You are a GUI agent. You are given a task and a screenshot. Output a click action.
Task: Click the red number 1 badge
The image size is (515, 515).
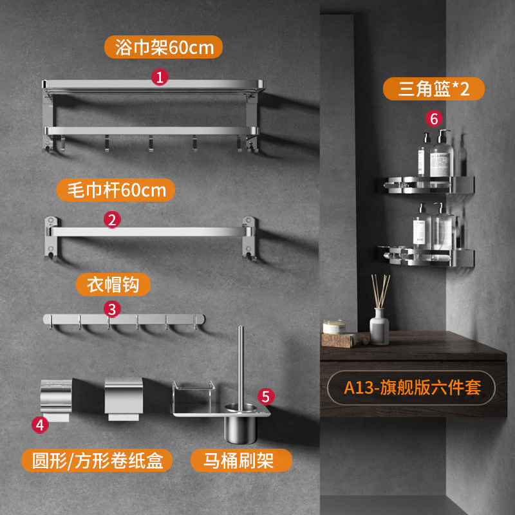pos(160,78)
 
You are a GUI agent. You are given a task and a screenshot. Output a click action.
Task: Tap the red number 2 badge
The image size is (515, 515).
pos(112,220)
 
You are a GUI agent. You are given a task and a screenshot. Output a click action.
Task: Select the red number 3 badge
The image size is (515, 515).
pos(112,309)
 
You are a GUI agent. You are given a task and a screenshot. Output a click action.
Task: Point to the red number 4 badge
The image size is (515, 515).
pos(40,424)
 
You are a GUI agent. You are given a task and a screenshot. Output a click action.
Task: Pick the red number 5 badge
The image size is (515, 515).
pos(265,397)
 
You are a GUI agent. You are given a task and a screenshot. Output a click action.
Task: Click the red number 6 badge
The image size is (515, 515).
pos(435,119)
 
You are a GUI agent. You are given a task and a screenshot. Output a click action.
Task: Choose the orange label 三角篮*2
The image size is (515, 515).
pos(433,89)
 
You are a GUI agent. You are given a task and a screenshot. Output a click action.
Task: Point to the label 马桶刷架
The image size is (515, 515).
pos(241,460)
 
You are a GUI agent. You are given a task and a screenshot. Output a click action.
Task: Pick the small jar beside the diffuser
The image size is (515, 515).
pos(335,326)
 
